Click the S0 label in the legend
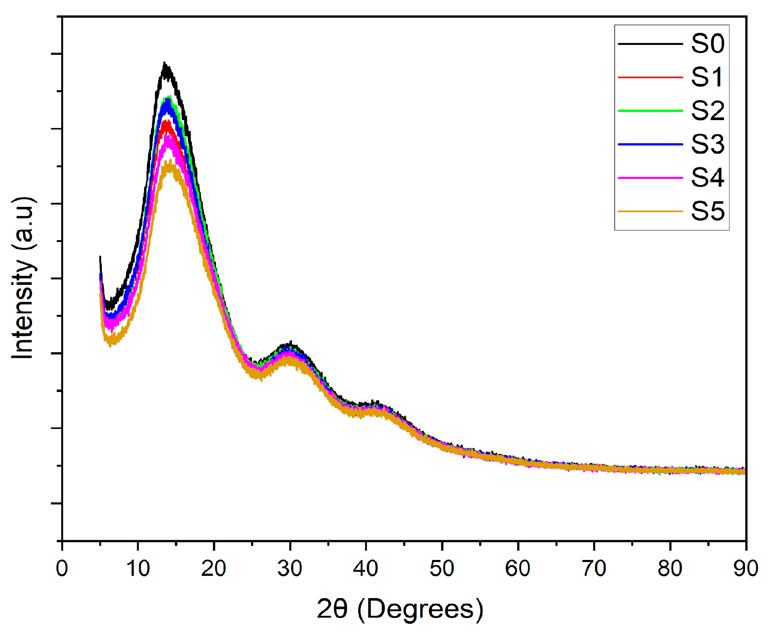click(707, 43)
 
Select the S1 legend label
click(707, 77)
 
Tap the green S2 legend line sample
click(650, 110)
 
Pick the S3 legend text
click(707, 144)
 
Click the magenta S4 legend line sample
click(650, 178)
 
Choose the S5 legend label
click(707, 211)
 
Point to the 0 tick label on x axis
click(62, 569)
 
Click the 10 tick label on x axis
click(138, 569)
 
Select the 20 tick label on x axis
click(214, 569)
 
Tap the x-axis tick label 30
click(290, 569)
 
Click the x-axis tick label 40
click(366, 569)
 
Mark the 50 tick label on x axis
click(442, 569)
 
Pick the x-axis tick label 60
click(518, 569)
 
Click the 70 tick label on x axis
click(594, 569)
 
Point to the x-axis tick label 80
click(670, 569)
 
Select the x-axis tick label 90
click(746, 569)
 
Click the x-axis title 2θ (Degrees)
click(400, 609)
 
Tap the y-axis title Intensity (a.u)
click(23, 278)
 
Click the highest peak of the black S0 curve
click(164, 63)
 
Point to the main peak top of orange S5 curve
click(168, 162)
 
